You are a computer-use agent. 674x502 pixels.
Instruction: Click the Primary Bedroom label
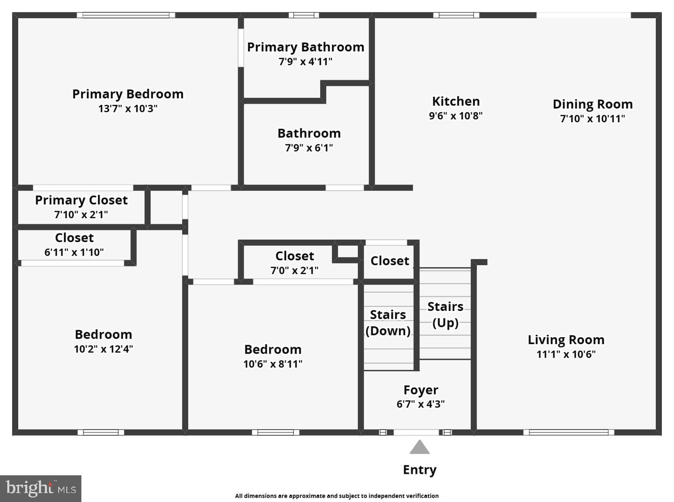click(x=128, y=94)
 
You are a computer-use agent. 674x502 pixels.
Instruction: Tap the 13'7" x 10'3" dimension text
click(x=128, y=109)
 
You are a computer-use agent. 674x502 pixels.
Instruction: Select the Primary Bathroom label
click(x=306, y=47)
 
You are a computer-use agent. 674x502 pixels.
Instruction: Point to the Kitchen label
click(x=456, y=101)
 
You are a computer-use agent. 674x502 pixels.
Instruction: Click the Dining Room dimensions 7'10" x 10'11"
click(x=593, y=118)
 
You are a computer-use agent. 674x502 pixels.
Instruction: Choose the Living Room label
click(x=566, y=340)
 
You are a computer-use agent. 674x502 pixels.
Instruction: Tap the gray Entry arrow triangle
click(x=420, y=447)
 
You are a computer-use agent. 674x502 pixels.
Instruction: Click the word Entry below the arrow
click(x=420, y=470)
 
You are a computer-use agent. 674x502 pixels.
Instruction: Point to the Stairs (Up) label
click(x=446, y=315)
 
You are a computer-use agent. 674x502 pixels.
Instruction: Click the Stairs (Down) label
click(x=388, y=323)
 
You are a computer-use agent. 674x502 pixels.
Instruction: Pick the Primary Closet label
click(x=81, y=200)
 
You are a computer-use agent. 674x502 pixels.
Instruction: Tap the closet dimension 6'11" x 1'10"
click(x=74, y=252)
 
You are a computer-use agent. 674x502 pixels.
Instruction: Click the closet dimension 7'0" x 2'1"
click(x=294, y=271)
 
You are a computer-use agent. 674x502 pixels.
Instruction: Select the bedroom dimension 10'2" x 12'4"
click(x=103, y=349)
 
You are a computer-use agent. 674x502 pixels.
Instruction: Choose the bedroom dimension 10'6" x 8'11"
click(x=273, y=364)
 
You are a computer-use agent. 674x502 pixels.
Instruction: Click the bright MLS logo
click(x=41, y=488)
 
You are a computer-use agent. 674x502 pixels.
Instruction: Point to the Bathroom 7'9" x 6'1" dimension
click(x=309, y=148)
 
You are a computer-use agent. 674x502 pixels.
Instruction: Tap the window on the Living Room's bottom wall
click(x=569, y=432)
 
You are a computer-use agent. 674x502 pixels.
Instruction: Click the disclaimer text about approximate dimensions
click(x=337, y=496)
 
